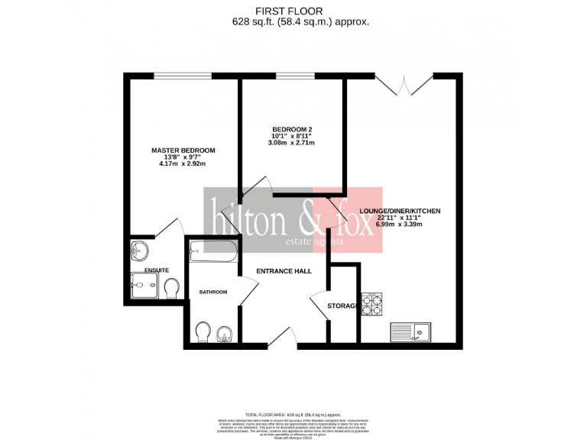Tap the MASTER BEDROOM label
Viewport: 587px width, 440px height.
[183, 150]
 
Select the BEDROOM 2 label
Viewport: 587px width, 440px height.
[292, 129]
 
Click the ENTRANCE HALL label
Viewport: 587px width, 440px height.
[284, 271]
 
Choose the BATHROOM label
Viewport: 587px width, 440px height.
[213, 292]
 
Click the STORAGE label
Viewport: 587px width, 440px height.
[342, 306]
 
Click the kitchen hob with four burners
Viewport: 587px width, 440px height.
[371, 305]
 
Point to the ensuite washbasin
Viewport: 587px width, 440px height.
[139, 250]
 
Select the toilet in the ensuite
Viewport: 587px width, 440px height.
[172, 287]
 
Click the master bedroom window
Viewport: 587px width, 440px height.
[183, 75]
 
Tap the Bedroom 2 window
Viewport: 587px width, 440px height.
[294, 75]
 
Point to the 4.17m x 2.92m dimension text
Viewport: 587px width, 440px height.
[183, 163]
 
